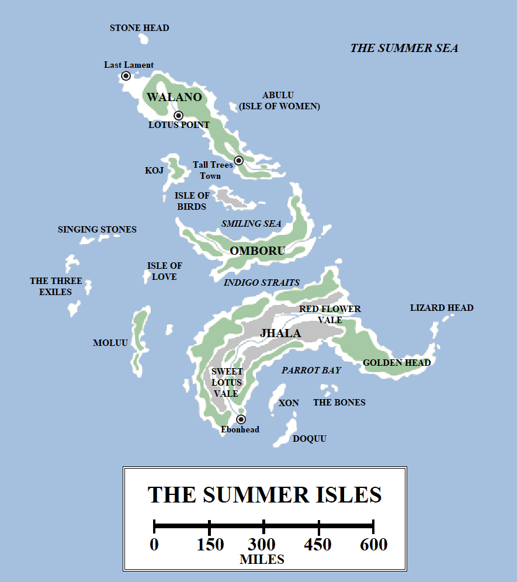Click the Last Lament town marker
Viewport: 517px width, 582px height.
tap(126, 76)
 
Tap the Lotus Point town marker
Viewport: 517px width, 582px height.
tap(179, 116)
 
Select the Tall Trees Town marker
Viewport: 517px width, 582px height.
tap(238, 161)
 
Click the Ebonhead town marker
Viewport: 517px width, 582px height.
tap(241, 419)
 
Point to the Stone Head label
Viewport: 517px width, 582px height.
tap(140, 28)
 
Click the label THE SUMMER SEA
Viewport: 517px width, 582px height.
tap(404, 49)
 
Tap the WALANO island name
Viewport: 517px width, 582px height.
tap(174, 98)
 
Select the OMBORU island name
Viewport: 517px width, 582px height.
tap(258, 251)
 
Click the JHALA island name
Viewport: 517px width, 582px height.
tap(280, 334)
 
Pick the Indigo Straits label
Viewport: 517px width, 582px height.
tap(262, 283)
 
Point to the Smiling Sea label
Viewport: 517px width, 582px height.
tap(251, 224)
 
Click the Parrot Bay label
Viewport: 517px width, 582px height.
tap(311, 370)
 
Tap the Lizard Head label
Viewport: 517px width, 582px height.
tap(442, 308)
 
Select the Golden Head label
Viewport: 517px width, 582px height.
tap(397, 363)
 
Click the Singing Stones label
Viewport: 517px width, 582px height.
tap(97, 230)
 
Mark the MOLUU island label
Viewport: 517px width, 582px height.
tap(110, 343)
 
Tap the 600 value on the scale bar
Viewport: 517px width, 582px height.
tap(374, 545)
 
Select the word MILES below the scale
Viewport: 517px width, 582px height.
tap(262, 560)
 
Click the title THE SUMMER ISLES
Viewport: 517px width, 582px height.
tap(265, 495)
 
